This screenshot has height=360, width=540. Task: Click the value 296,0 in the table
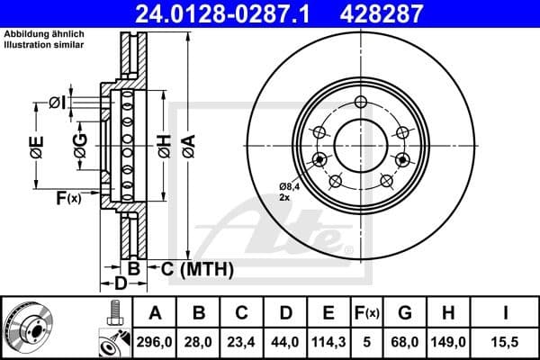tap(155, 343)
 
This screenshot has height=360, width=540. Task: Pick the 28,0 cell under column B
tap(200, 343)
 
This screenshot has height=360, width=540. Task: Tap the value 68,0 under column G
tap(405, 343)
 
